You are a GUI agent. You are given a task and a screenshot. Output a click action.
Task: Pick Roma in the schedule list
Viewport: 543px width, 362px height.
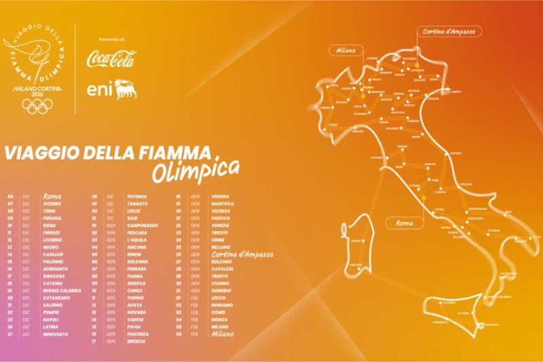(x=53, y=196)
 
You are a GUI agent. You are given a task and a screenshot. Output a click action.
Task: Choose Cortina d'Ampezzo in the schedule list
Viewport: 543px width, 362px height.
(x=242, y=255)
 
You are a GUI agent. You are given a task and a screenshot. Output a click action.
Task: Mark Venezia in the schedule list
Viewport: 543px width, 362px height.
(x=221, y=225)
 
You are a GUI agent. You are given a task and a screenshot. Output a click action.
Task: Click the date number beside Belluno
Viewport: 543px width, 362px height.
(x=179, y=247)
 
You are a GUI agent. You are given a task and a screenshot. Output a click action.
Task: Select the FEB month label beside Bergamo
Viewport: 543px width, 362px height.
(x=195, y=305)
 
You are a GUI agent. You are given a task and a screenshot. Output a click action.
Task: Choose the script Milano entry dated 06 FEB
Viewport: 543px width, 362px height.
(x=224, y=333)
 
